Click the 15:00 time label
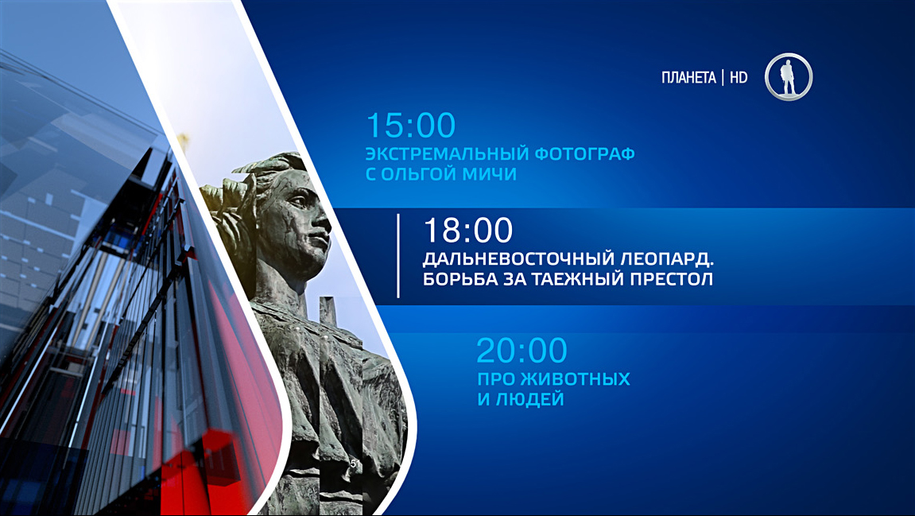(411, 125)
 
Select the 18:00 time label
(468, 230)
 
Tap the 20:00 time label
(521, 350)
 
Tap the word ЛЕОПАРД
(668, 258)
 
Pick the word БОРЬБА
(459, 278)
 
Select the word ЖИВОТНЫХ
(575, 378)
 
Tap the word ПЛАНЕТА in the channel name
(688, 78)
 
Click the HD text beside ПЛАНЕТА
(739, 78)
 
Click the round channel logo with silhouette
(789, 76)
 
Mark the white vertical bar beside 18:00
(398, 256)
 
